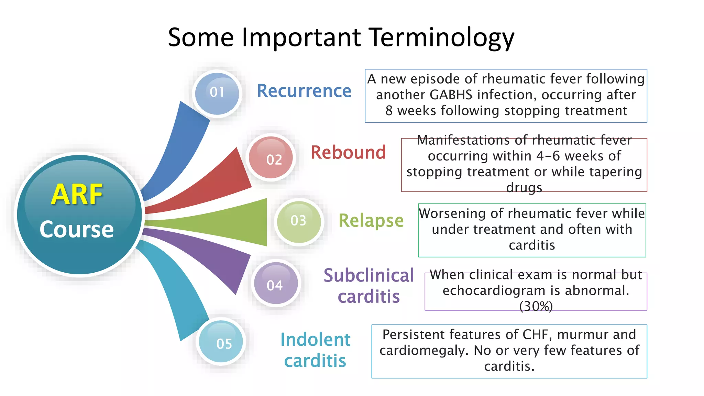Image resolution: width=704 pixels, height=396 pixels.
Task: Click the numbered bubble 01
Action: click(217, 93)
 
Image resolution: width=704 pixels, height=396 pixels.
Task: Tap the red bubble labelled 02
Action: click(271, 158)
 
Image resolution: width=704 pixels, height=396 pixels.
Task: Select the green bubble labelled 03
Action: click(299, 221)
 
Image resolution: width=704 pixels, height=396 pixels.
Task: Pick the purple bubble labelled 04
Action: click(275, 284)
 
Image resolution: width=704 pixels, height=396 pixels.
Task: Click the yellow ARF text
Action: click(77, 195)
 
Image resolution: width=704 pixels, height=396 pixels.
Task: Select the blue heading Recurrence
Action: click(304, 91)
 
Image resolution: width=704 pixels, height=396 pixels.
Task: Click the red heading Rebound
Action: click(348, 152)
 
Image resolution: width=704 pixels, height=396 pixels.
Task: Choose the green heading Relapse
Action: click(371, 220)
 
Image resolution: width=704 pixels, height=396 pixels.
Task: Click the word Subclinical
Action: click(368, 275)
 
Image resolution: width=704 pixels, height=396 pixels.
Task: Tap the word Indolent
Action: click(315, 340)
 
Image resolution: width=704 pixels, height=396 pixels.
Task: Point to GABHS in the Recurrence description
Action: click(451, 95)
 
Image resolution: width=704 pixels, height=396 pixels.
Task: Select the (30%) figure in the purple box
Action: click(536, 306)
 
